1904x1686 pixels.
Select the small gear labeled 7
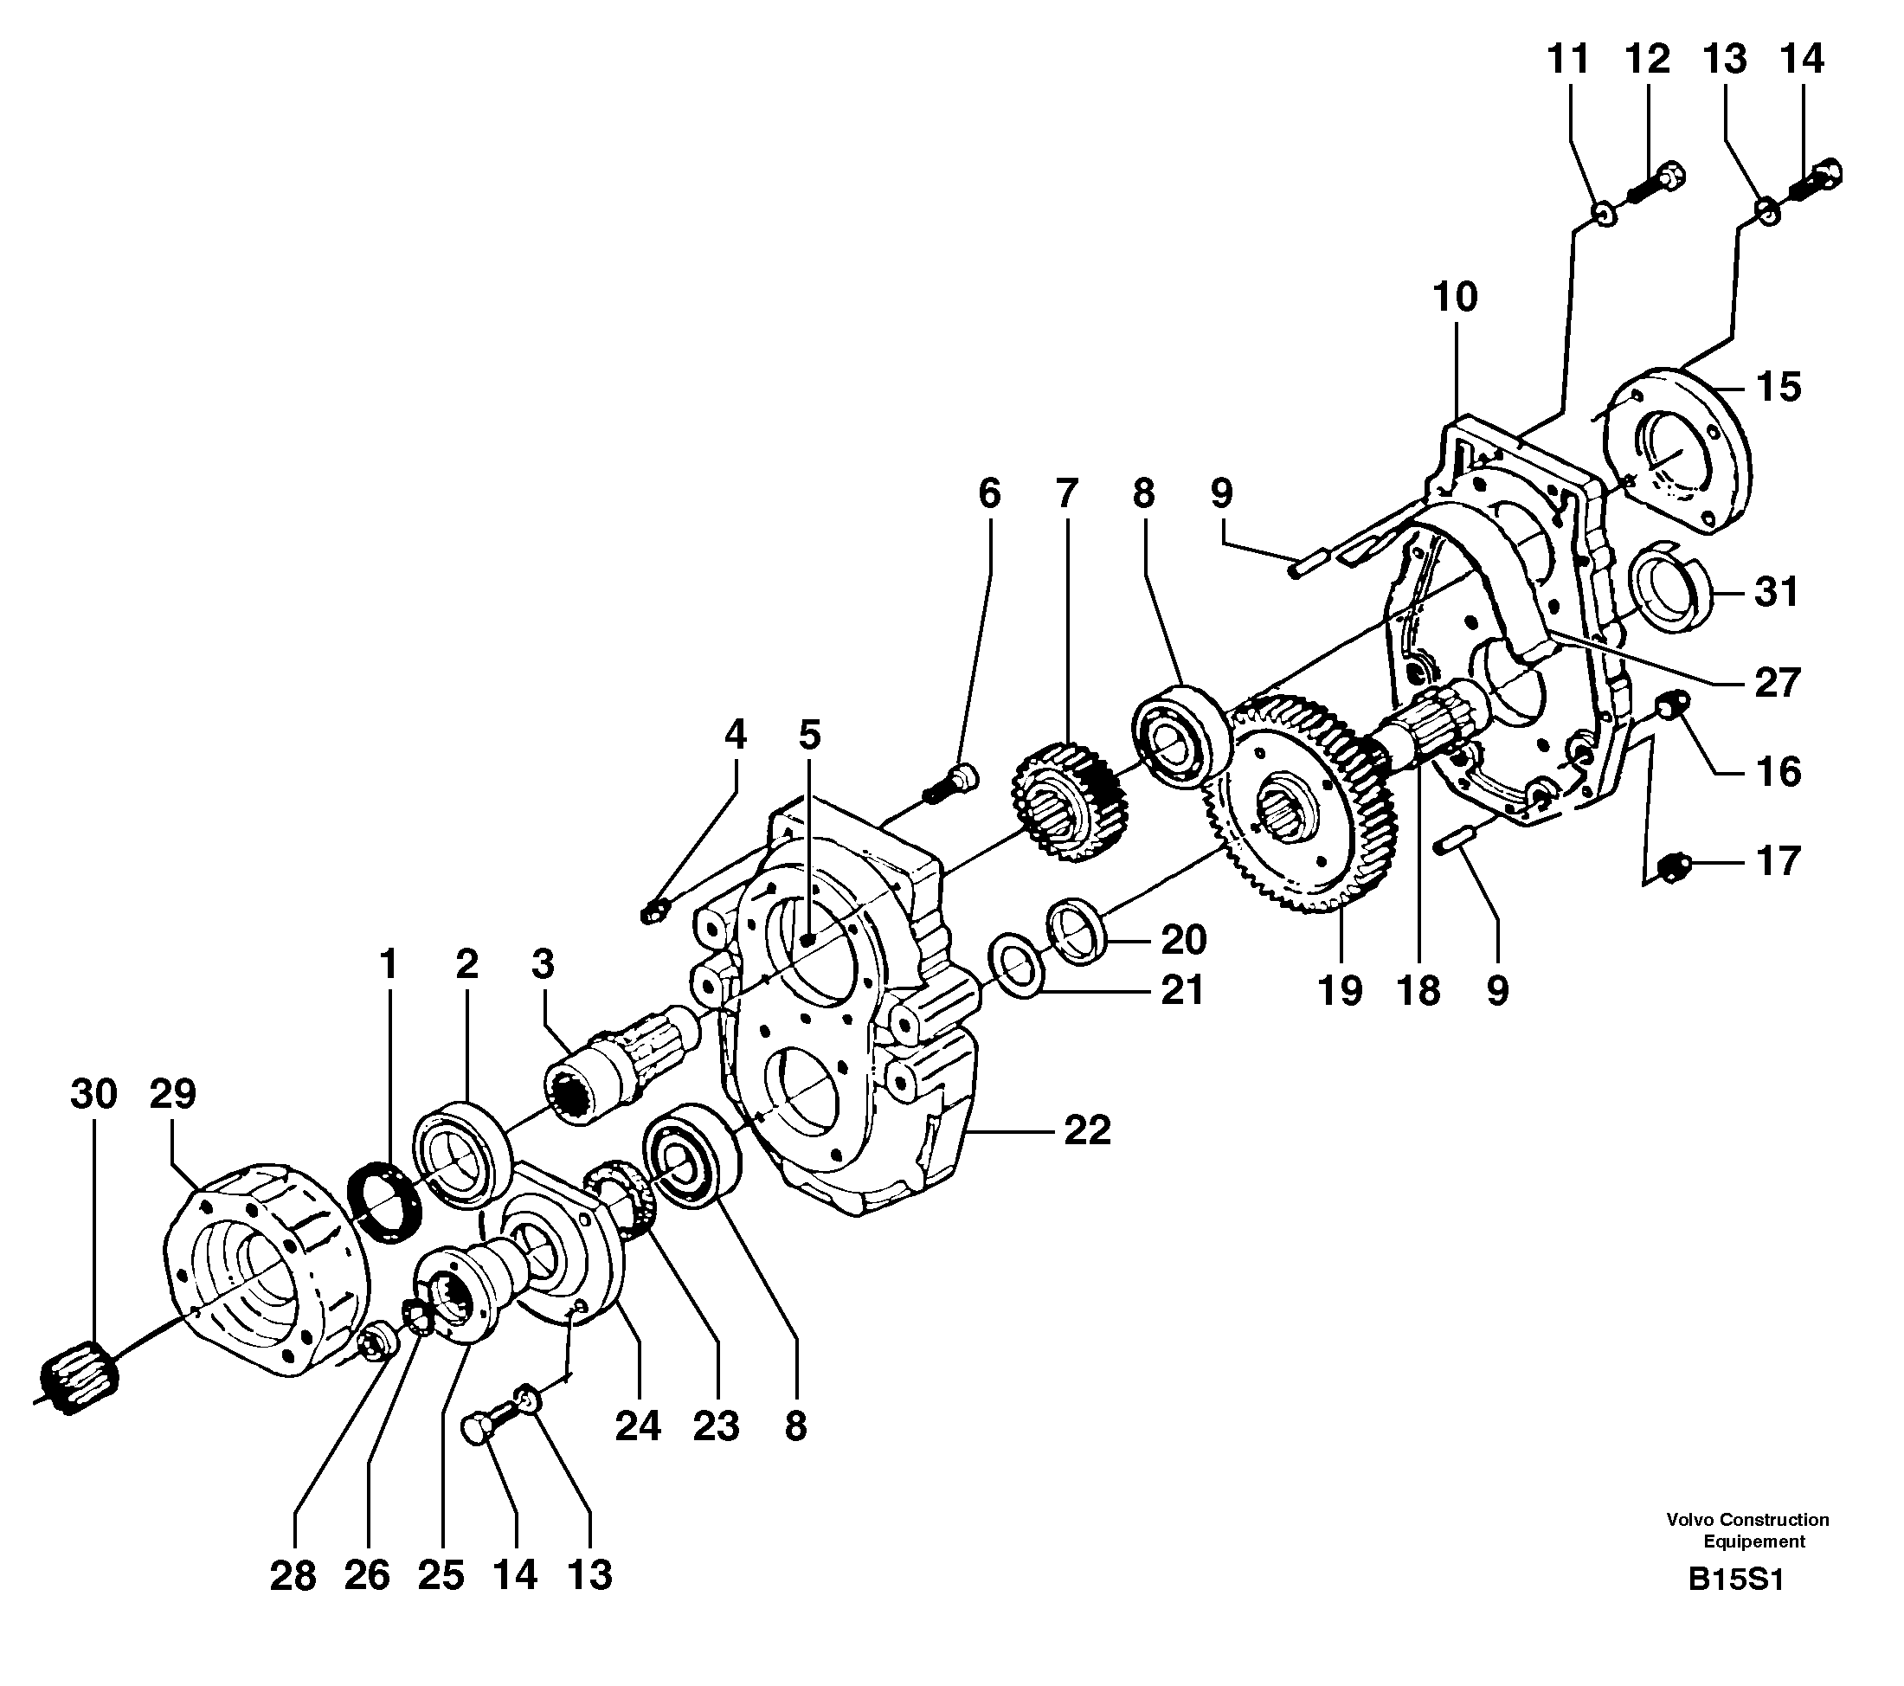[x=1070, y=801]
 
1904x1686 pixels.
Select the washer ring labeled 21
[x=1017, y=965]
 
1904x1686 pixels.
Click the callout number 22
[x=1086, y=1131]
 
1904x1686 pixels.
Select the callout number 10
[x=1454, y=298]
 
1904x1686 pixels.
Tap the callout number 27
[x=1777, y=683]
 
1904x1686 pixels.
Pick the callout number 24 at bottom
[x=638, y=1425]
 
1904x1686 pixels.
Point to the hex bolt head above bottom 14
[x=477, y=1429]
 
